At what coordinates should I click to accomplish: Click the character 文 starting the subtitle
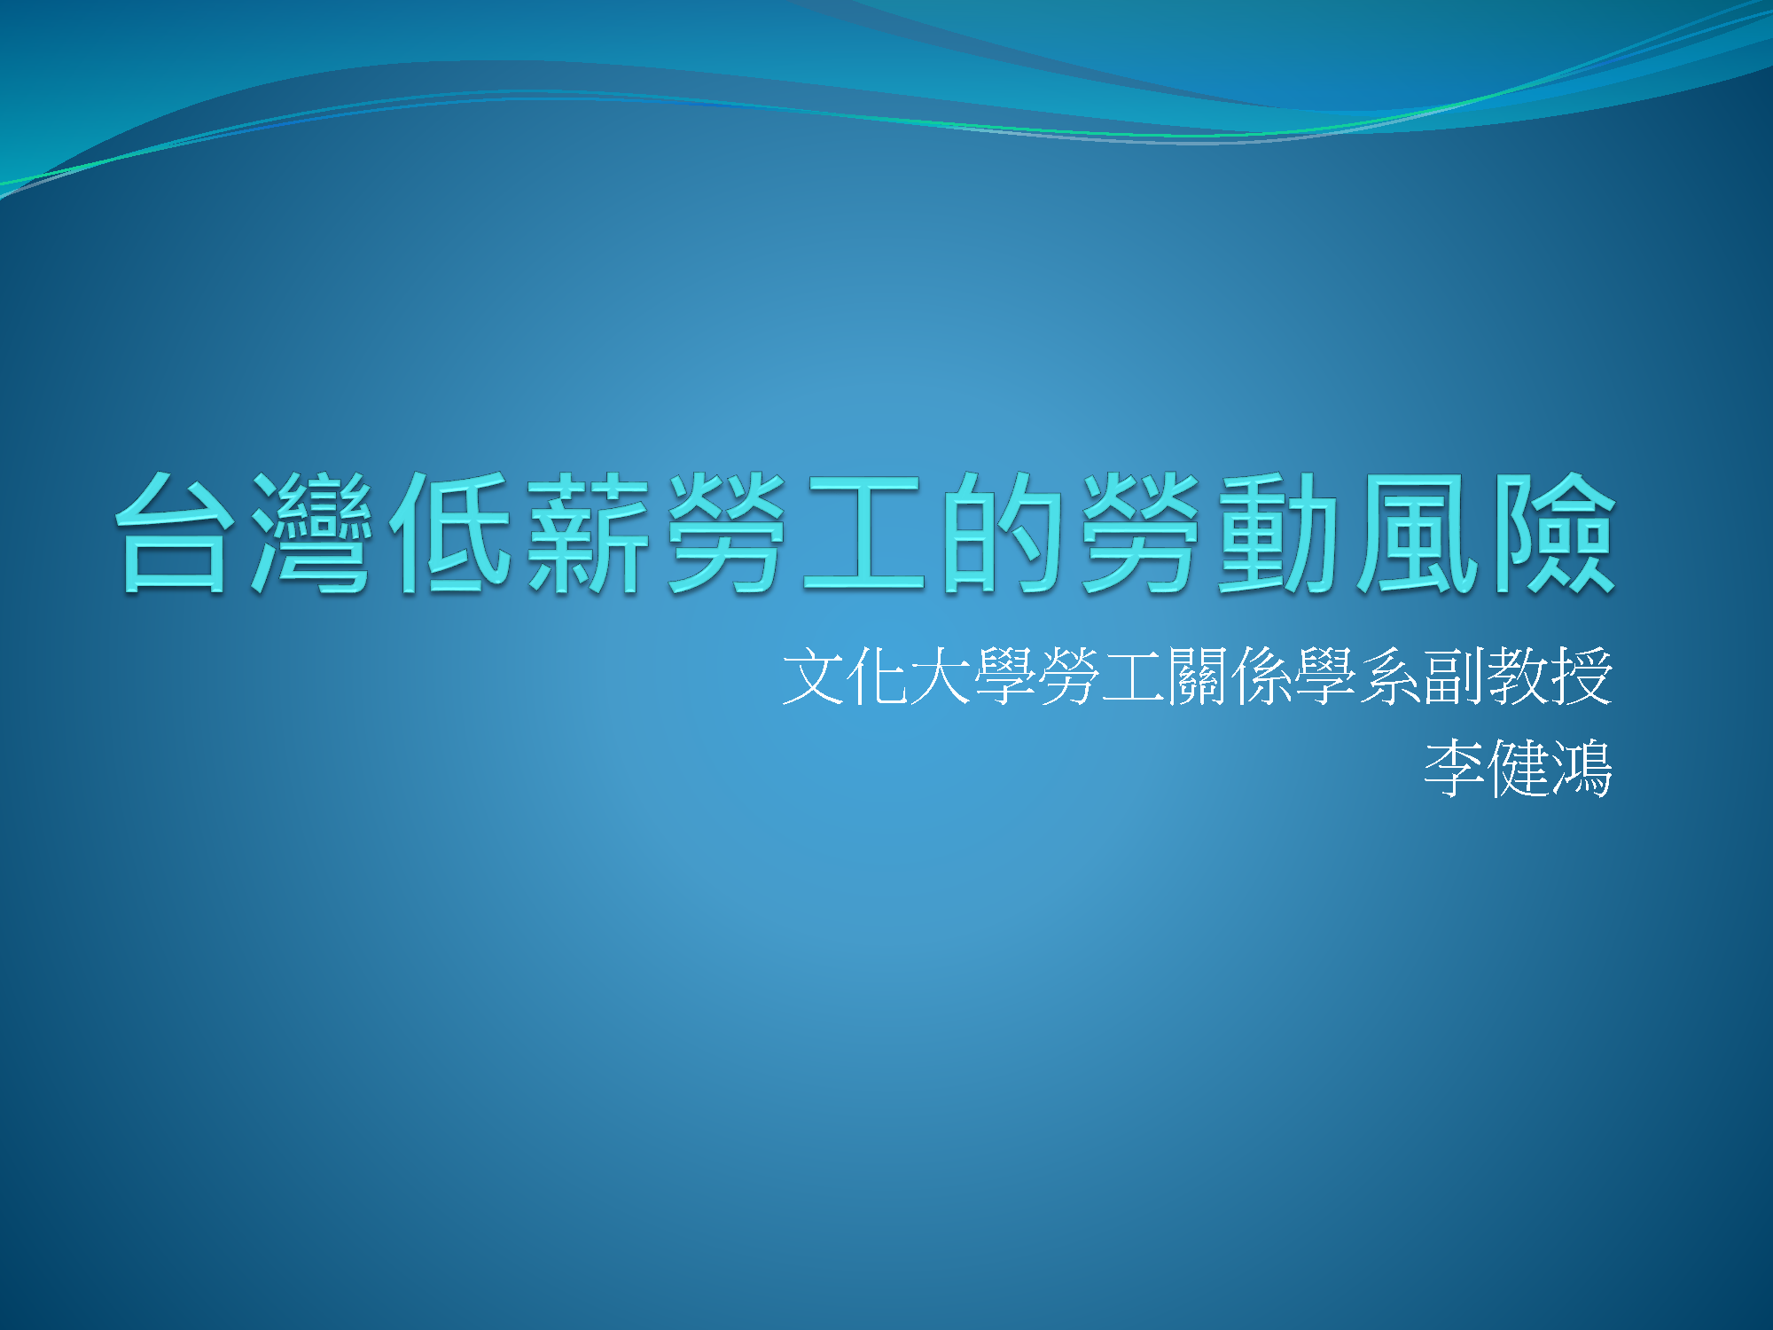pos(813,677)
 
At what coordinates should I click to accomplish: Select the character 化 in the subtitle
pos(877,677)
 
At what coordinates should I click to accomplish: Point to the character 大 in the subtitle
pos(941,677)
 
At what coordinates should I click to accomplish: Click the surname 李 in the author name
pos(1454,768)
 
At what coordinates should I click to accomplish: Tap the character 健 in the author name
pos(1518,768)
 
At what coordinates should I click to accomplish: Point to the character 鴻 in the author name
pos(1582,768)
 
